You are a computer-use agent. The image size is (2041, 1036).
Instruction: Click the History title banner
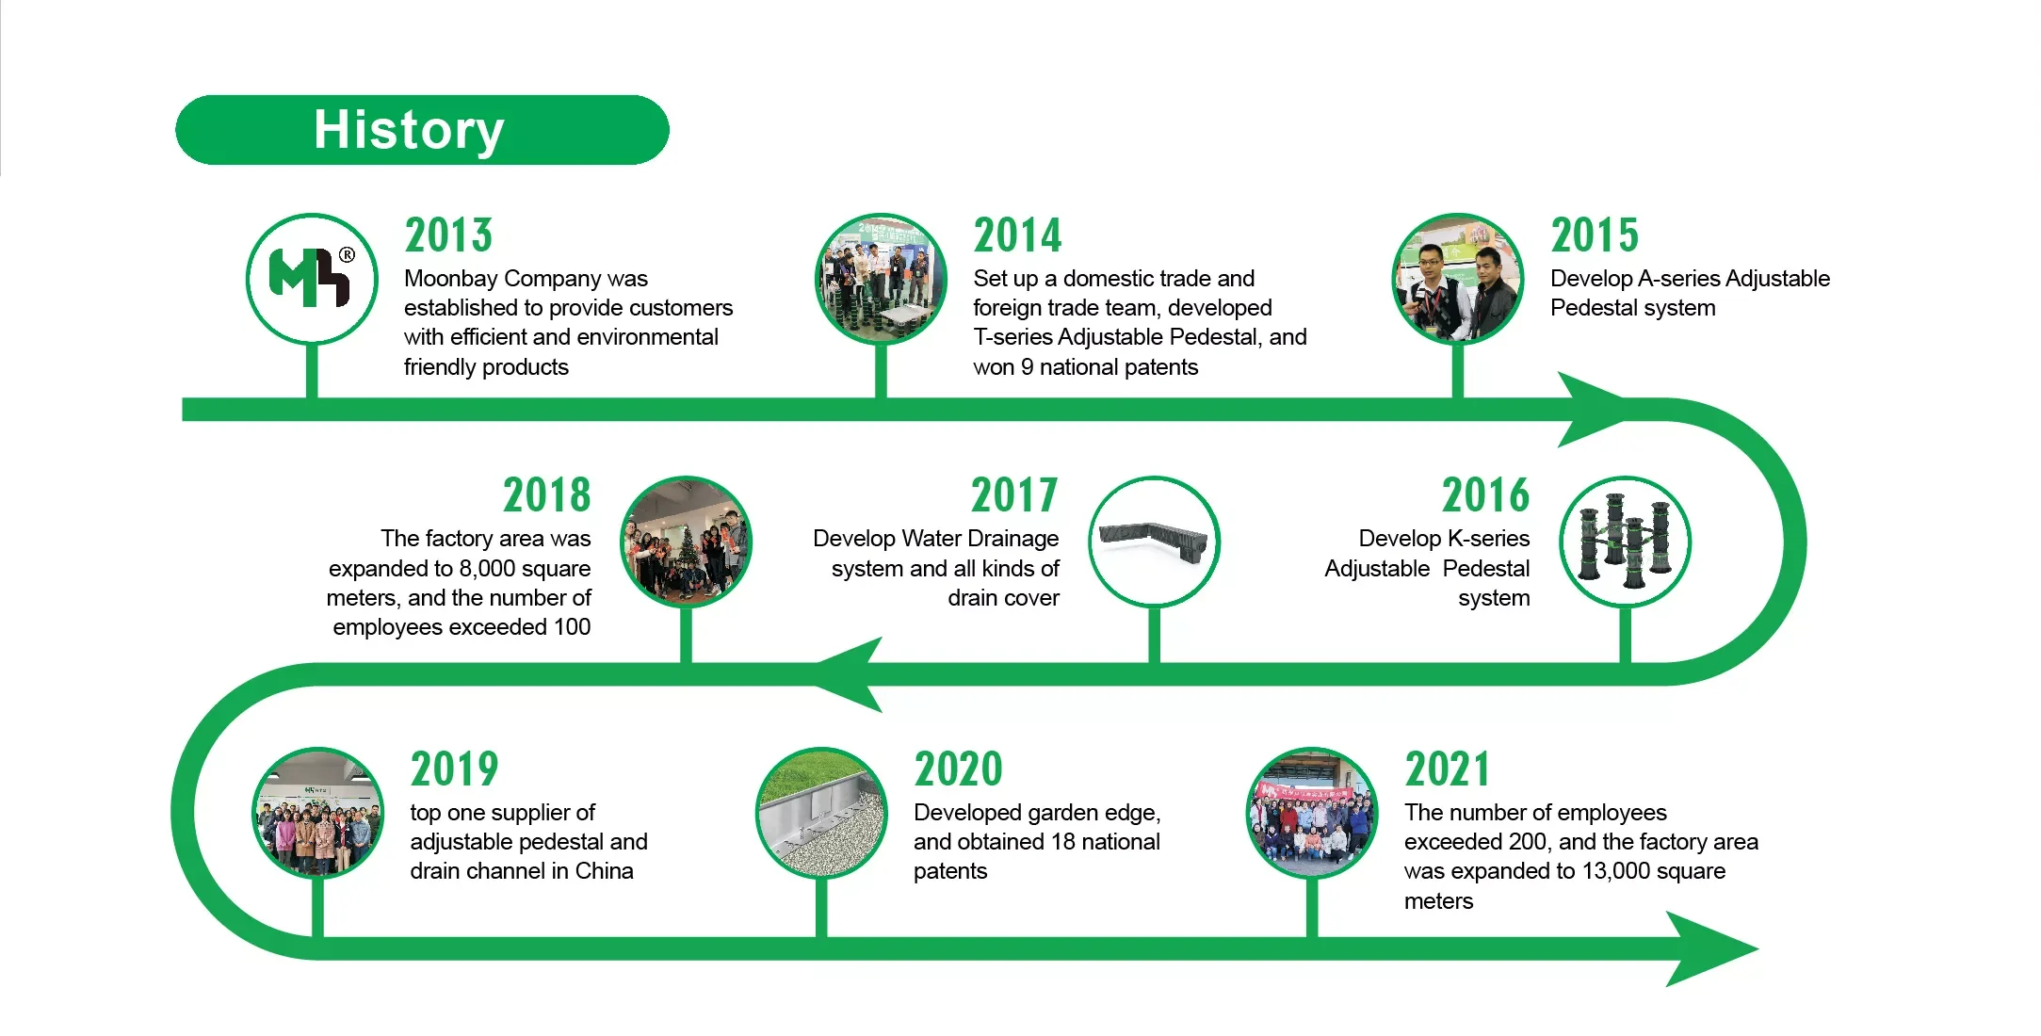(422, 130)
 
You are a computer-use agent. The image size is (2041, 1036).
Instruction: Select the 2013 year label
(448, 235)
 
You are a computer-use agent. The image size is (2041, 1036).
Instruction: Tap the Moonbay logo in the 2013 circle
(312, 279)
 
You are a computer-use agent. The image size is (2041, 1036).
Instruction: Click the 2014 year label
(1017, 235)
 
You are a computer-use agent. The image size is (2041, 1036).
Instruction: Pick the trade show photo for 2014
(881, 279)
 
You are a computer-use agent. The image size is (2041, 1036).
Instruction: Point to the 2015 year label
(1595, 235)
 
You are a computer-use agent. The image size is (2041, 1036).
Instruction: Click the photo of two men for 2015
(1458, 279)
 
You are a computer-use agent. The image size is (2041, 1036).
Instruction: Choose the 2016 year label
(1485, 495)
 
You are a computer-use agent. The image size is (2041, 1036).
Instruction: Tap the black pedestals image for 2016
(1625, 542)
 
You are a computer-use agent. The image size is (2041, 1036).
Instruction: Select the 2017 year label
(1014, 495)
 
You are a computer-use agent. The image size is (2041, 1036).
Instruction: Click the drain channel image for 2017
(1154, 542)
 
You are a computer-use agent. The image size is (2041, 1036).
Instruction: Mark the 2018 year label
(546, 495)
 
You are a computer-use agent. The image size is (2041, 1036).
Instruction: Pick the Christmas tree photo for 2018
(686, 542)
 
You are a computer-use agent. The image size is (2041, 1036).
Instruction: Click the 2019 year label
(454, 769)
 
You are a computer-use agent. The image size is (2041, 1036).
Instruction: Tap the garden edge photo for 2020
(821, 813)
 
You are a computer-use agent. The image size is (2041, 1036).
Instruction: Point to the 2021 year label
(1448, 769)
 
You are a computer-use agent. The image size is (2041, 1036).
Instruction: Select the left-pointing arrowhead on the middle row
(852, 674)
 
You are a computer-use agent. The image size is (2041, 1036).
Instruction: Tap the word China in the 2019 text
(604, 871)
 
